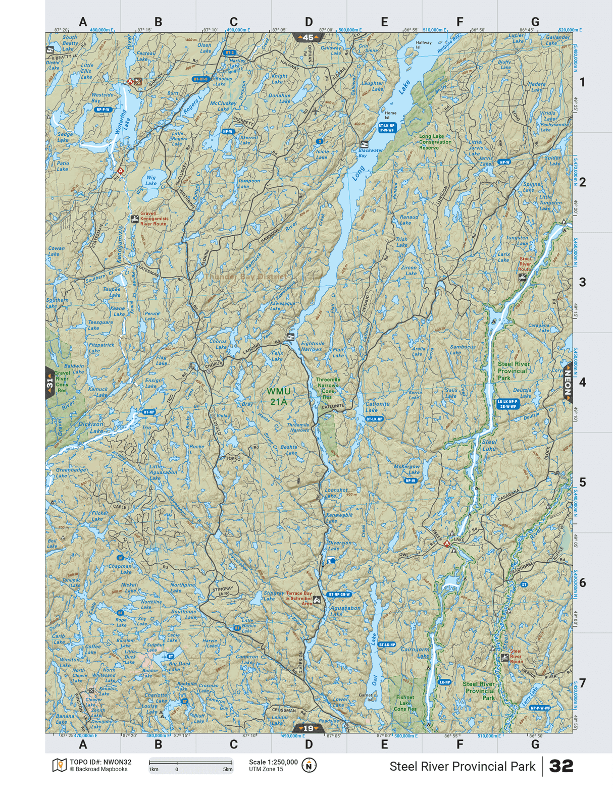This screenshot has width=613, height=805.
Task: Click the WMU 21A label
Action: coord(278,396)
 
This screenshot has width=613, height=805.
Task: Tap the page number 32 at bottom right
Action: coord(561,766)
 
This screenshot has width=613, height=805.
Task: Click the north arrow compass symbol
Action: coord(309,765)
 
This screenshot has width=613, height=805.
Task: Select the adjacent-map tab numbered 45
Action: coord(308,37)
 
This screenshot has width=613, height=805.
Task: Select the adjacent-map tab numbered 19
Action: coord(308,728)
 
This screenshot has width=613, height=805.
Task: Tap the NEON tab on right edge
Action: coord(568,383)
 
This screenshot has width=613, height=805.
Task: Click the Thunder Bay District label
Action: coord(245,277)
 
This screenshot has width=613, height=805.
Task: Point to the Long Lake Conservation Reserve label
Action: coord(435,142)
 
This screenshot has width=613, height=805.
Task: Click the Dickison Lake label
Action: coord(91,427)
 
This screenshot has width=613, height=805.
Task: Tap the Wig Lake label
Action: coord(151,180)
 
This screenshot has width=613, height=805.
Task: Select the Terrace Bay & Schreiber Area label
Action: coord(299,599)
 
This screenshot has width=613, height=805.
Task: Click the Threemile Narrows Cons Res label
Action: coord(328,388)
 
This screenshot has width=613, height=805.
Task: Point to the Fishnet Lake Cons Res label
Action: coord(405,703)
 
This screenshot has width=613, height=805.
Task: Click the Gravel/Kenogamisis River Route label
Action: coord(153,219)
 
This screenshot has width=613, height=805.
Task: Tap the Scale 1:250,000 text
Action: coord(273,762)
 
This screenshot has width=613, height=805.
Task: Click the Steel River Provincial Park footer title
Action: coord(462,766)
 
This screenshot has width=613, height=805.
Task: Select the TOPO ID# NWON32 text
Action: coord(100,762)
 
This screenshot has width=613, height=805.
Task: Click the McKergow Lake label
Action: coord(407,469)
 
